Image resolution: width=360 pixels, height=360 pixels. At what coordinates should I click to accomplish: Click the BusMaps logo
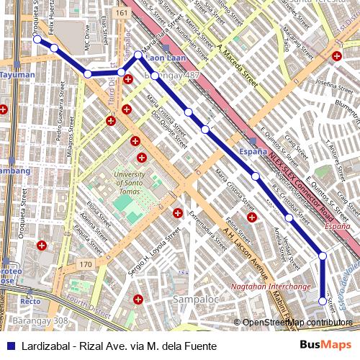tap(325, 346)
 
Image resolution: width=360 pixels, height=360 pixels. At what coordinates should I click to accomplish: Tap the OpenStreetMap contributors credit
tap(297, 323)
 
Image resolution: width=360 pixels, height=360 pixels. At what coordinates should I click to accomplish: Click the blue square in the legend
tap(9, 346)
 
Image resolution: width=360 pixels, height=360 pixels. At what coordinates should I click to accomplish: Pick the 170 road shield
tap(86, 265)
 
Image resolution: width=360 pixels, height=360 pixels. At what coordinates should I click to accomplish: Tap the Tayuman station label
tap(17, 74)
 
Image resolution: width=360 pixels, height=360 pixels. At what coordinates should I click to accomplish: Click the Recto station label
tap(30, 301)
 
